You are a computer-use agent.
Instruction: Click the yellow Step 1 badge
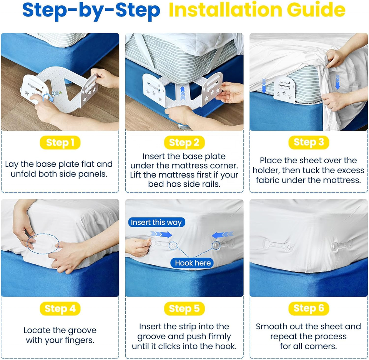pyautogui.click(x=60, y=143)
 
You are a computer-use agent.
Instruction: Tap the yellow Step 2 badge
pyautogui.click(x=184, y=143)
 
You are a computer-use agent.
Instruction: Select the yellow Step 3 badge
pyautogui.click(x=309, y=143)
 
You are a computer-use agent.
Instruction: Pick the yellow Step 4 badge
pyautogui.click(x=60, y=309)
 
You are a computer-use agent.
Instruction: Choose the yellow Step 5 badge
pyautogui.click(x=184, y=309)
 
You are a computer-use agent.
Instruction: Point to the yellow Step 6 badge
pyautogui.click(x=309, y=308)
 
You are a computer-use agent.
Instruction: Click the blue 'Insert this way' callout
pyautogui.click(x=156, y=222)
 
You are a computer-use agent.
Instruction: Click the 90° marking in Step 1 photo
pyautogui.click(x=57, y=94)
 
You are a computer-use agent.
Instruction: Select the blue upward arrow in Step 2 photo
pyautogui.click(x=183, y=93)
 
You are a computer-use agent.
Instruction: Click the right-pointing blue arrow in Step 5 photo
pyautogui.click(x=161, y=234)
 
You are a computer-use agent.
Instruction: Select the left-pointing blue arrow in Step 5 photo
pyautogui.click(x=223, y=235)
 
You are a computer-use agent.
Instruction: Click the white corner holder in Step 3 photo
pyautogui.click(x=284, y=90)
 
